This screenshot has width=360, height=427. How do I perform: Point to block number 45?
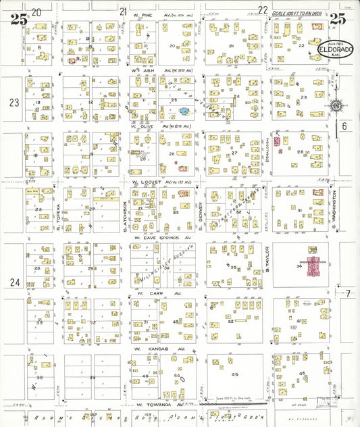click(235, 373)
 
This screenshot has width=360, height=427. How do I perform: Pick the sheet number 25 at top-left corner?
click(18, 20)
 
